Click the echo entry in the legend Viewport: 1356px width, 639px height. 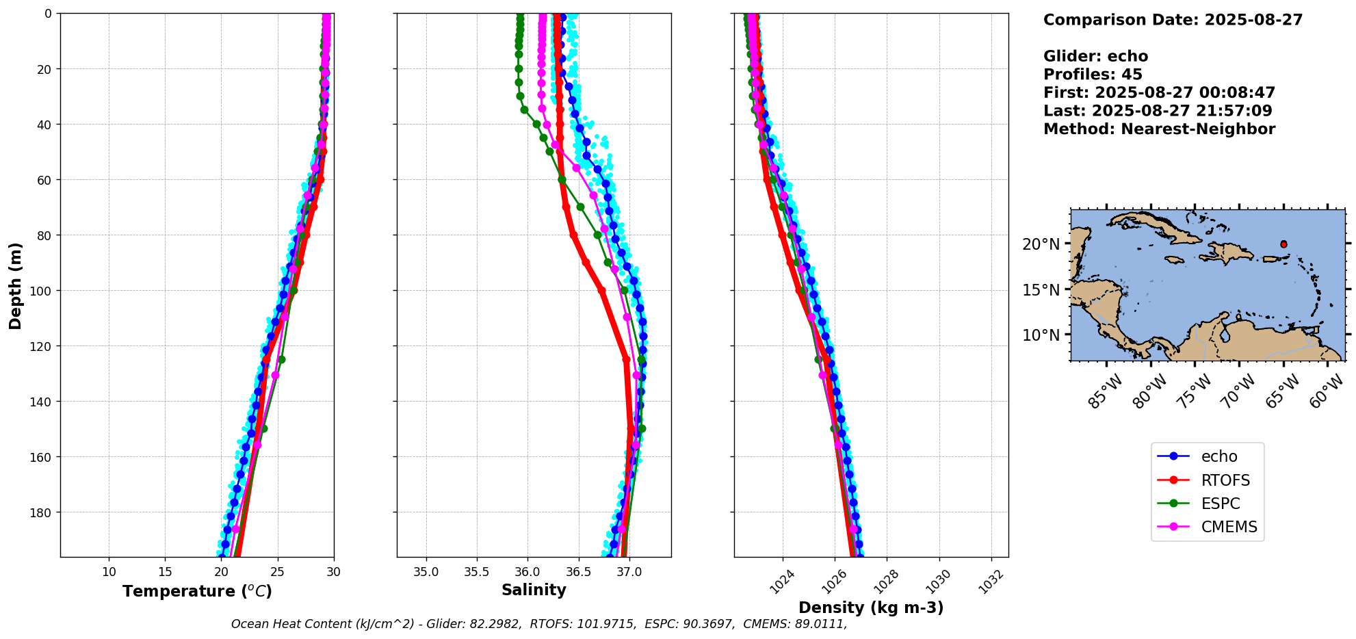tap(1218, 456)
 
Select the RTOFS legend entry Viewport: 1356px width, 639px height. tap(1225, 480)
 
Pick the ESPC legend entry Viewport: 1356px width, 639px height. tap(1220, 504)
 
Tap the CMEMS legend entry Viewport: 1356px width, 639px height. tap(1229, 527)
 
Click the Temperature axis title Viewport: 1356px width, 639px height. tap(197, 591)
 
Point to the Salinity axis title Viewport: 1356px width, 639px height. tap(534, 590)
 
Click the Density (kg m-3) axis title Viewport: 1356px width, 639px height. tap(871, 608)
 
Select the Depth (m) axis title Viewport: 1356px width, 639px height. tap(15, 285)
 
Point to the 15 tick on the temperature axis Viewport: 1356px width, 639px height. tap(165, 571)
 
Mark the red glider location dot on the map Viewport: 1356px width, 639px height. tap(1283, 244)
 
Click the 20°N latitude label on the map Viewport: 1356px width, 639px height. tap(1040, 244)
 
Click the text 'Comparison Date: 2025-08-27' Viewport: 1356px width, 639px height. tap(1173, 20)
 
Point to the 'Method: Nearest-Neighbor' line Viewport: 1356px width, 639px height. tap(1159, 129)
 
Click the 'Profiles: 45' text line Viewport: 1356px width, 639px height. tap(1093, 75)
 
